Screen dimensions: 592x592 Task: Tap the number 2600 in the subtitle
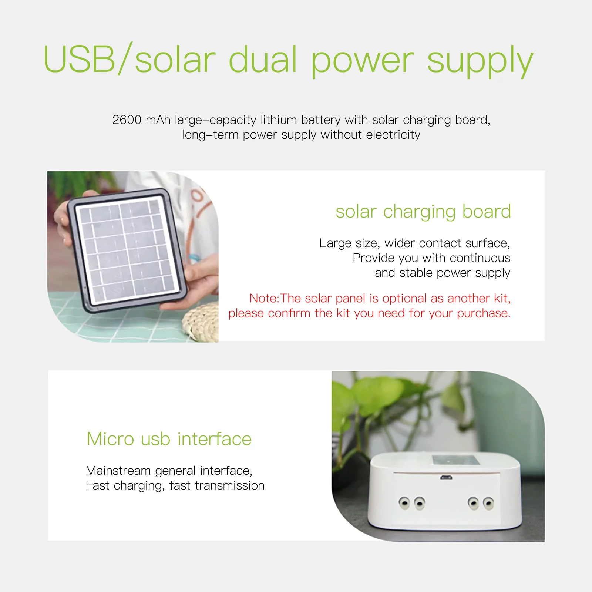127,120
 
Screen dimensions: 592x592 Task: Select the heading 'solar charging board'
423,212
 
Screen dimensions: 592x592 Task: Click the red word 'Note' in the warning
263,298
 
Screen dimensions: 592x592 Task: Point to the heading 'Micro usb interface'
169,439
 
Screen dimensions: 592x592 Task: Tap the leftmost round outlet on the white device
404,503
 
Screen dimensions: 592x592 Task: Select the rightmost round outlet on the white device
488,503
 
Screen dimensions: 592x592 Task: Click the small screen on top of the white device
456,461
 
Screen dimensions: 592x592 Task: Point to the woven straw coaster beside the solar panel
202,322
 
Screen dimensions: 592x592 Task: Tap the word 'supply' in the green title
480,61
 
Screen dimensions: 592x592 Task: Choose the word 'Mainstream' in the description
118,471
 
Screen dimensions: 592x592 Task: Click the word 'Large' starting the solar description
335,243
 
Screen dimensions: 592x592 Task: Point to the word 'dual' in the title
263,59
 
